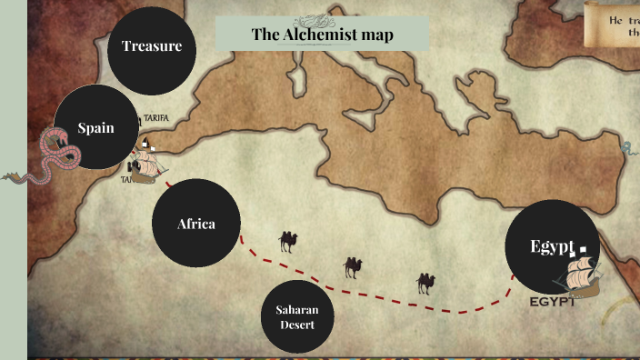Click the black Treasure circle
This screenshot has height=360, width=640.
pos(152,46)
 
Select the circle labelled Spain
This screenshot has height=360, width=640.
pos(95,128)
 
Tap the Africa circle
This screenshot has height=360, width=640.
pos(195,224)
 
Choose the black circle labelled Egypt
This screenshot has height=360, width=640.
pos(552,246)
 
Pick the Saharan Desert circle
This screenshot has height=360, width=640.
pos(297,317)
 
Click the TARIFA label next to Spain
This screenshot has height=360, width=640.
pos(155,118)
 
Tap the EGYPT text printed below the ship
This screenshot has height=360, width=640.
pos(554,302)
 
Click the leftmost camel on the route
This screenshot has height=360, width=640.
pos(288,241)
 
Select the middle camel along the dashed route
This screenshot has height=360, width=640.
pos(353,266)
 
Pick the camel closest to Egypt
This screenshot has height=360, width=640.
pos(425,283)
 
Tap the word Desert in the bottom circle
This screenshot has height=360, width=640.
pos(297,325)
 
